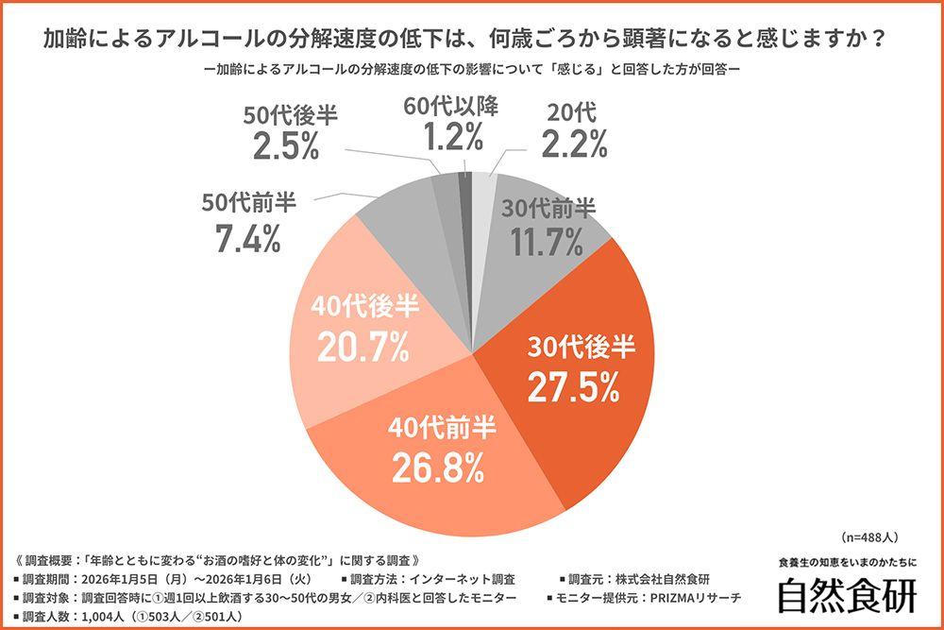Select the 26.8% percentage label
[x=442, y=465]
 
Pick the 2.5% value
[x=284, y=147]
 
